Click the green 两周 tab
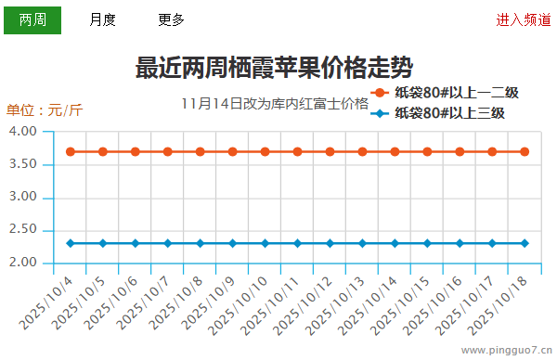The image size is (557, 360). point(32,19)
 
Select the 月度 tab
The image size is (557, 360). point(102,19)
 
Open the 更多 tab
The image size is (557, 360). point(171,19)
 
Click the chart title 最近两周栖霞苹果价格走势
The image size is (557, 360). point(274,68)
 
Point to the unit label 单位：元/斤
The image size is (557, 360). point(45,110)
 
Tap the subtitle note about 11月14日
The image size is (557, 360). point(275,103)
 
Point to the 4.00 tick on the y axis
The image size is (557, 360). point(21,132)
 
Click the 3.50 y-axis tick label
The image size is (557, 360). point(21,164)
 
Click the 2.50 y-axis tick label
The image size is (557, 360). point(21,230)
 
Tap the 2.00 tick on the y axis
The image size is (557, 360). point(21,263)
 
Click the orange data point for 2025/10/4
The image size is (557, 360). point(71,151)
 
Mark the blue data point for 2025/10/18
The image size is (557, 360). point(525,243)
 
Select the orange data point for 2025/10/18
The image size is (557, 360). point(525,151)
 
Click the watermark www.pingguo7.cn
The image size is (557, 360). point(506,351)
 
